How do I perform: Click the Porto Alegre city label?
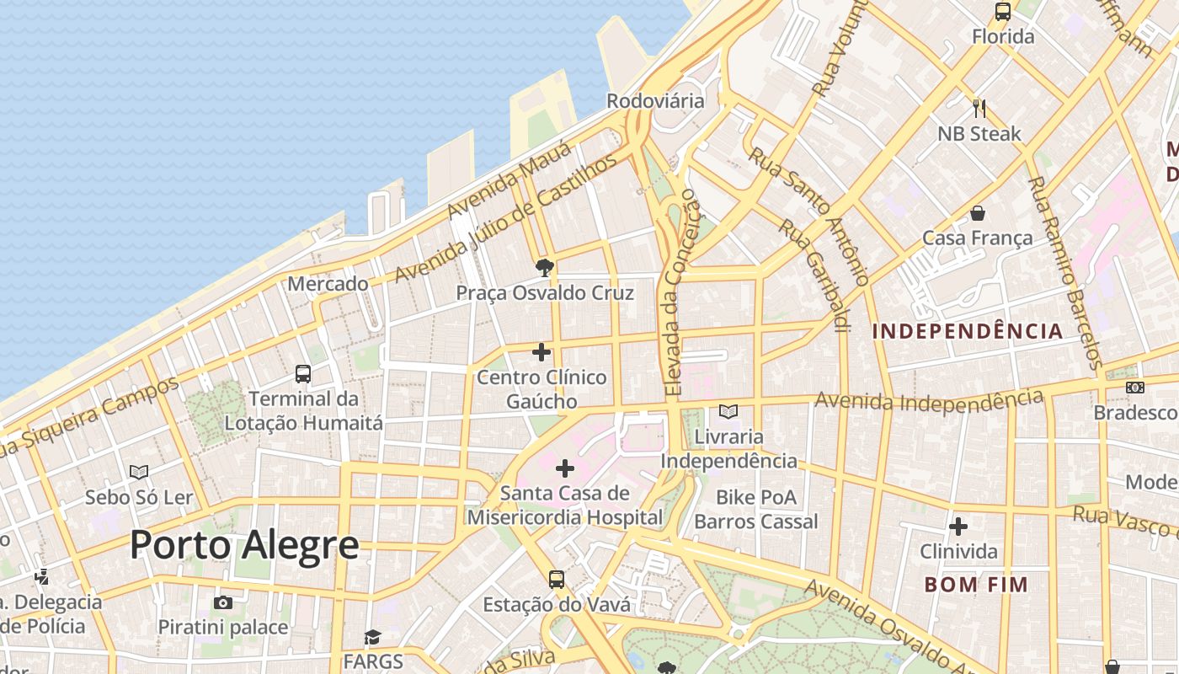[244, 546]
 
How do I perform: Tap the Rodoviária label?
[655, 101]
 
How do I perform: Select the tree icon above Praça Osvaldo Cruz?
[545, 269]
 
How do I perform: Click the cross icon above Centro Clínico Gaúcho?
[541, 352]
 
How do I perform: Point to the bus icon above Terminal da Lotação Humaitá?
[303, 374]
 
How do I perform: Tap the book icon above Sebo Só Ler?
[139, 473]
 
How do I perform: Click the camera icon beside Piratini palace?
[223, 602]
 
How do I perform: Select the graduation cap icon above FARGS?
[372, 637]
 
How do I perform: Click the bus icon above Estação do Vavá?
[556, 580]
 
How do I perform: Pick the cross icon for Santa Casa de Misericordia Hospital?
[565, 468]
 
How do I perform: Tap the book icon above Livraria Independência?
[728, 412]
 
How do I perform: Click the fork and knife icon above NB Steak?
[979, 109]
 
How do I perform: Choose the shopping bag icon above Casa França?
[978, 213]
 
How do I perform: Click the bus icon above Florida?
[1002, 12]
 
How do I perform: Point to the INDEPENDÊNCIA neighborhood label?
[968, 331]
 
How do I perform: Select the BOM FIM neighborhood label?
[976, 585]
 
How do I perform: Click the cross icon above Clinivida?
[958, 527]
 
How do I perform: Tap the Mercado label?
[328, 284]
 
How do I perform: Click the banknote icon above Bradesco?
[1135, 388]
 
